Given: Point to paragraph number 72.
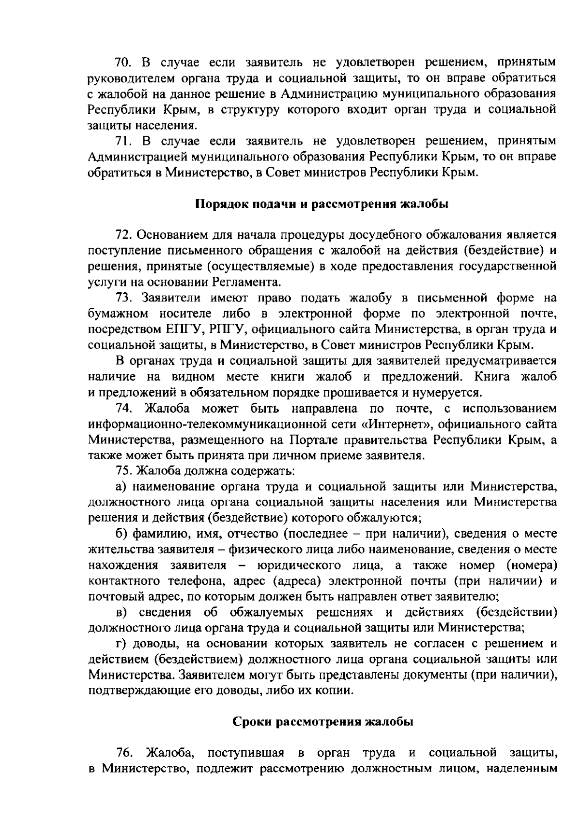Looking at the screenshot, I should click(124, 235).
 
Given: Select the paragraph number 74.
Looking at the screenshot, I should click(124, 408).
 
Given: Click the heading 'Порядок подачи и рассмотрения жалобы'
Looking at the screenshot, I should click(321, 204).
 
